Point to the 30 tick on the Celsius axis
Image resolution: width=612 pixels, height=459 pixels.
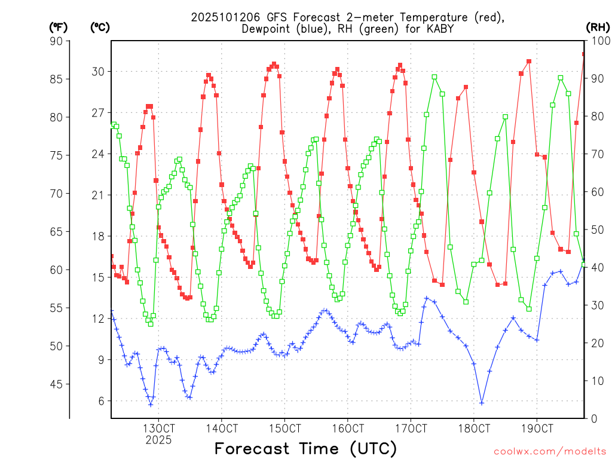(97, 72)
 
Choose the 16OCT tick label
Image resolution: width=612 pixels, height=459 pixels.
(348, 429)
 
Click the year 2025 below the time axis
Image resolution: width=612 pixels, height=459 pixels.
(158, 440)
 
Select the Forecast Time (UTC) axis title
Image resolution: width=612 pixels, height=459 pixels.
(305, 448)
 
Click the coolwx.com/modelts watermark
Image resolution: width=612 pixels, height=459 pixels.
(549, 451)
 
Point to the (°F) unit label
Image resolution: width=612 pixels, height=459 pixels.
(58, 27)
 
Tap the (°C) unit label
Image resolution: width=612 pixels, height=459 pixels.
(100, 27)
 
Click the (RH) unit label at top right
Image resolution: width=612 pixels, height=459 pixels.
(598, 27)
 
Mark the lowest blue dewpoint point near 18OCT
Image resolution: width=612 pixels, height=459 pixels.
(482, 403)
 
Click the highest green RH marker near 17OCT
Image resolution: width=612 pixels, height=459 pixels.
(434, 76)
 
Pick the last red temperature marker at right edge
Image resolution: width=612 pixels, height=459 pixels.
(584, 54)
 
